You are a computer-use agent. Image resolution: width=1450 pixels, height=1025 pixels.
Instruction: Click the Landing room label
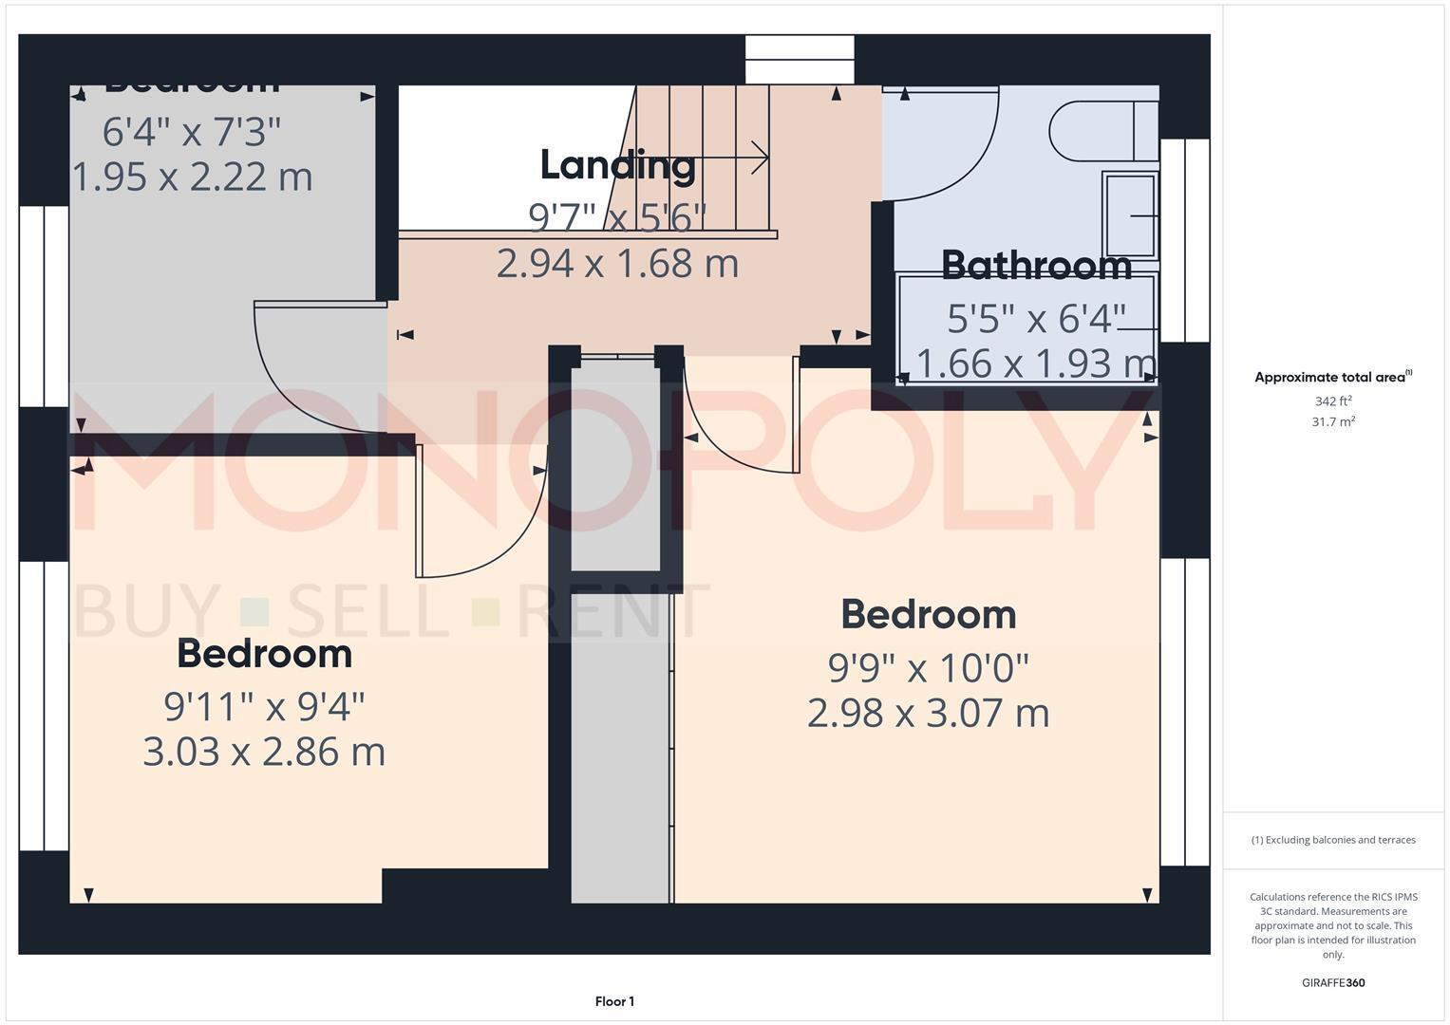tap(617, 165)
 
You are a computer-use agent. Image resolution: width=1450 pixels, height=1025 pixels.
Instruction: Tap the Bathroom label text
tap(1036, 266)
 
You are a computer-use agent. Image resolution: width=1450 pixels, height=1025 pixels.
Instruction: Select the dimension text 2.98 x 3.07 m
tap(928, 713)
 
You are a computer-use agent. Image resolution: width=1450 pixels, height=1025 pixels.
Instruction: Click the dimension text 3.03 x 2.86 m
tap(264, 752)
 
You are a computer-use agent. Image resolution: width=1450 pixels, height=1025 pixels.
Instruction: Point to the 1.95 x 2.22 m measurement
tap(193, 177)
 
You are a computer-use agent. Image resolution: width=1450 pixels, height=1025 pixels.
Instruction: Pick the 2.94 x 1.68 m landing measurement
tap(617, 263)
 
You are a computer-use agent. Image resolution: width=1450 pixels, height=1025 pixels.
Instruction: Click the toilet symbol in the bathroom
tap(1102, 130)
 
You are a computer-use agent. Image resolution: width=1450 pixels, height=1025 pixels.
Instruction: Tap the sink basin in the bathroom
tap(1130, 215)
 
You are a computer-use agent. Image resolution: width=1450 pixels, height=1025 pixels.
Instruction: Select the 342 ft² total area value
tap(1332, 401)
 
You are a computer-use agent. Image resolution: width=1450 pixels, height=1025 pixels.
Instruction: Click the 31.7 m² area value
tap(1332, 422)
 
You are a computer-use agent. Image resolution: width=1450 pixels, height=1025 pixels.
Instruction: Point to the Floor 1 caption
tap(614, 1001)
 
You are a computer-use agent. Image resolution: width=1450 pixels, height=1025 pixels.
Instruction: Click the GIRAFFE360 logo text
tap(1332, 982)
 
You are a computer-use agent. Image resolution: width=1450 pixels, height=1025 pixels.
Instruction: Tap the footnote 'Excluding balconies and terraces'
tap(1332, 840)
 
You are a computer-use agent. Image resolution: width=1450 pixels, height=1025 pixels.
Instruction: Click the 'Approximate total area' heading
tap(1332, 378)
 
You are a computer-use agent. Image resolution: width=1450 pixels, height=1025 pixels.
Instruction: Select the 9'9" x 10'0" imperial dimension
tap(928, 668)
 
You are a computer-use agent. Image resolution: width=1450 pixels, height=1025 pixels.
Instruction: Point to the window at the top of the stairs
tap(800, 60)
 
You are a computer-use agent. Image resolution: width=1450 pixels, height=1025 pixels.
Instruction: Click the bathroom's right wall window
tap(1184, 240)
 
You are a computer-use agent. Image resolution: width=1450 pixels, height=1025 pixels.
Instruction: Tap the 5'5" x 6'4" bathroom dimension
tap(1036, 319)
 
